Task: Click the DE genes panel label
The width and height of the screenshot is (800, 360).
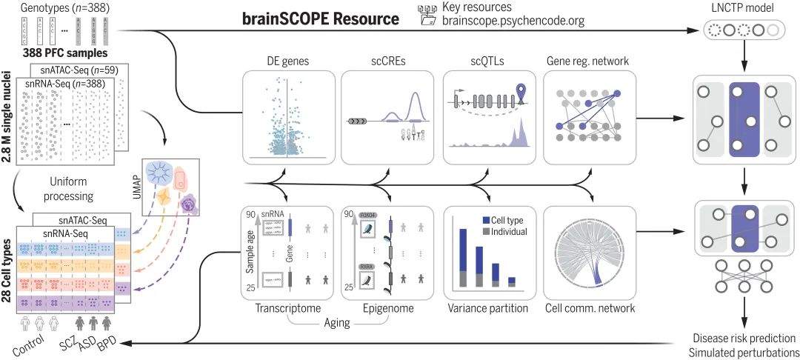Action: point(287,61)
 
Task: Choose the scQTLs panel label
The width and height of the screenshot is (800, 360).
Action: point(487,61)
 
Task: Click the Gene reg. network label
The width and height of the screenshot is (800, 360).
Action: point(588,61)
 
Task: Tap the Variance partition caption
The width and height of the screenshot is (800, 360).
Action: point(487,307)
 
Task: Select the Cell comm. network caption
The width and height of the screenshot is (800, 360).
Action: point(590,307)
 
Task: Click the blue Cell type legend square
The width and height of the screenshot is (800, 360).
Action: point(485,220)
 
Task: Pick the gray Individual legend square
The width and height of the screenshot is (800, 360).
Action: point(485,231)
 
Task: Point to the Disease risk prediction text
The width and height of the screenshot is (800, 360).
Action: point(740,338)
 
